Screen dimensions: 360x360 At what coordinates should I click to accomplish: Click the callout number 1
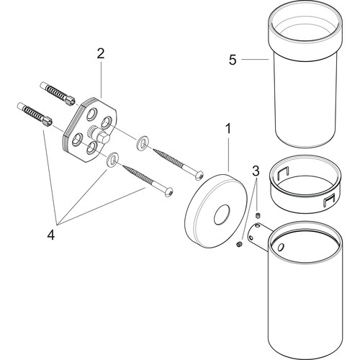228,129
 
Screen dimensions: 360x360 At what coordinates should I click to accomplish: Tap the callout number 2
101,53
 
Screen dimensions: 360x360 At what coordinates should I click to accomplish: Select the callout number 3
256,171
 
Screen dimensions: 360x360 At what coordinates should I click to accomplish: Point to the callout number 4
51,235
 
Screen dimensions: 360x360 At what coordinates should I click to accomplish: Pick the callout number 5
233,60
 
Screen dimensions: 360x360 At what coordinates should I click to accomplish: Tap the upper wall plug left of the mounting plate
58,93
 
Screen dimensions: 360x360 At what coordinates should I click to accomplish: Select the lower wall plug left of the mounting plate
35,114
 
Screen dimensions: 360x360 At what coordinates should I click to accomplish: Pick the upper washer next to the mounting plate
141,143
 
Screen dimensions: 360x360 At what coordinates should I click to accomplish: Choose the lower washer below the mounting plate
112,159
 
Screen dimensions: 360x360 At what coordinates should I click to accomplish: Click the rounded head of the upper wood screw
199,175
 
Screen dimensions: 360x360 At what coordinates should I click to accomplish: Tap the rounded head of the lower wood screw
169,192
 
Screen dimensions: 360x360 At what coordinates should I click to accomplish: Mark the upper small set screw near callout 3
258,215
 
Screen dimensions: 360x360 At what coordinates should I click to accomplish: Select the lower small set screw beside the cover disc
239,244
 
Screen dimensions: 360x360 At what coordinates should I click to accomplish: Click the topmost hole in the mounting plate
91,114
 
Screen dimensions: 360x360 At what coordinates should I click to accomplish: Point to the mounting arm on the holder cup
259,236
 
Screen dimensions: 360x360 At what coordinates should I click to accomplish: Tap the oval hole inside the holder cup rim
280,247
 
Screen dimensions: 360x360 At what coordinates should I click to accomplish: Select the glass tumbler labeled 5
305,74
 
